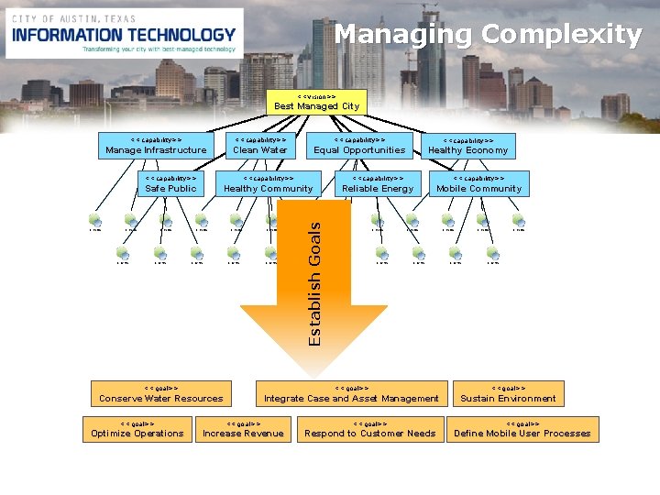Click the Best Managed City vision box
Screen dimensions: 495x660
(316, 102)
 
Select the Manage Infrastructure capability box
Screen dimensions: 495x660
(156, 146)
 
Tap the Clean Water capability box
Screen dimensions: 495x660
(260, 146)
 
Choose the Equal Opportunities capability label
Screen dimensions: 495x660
(359, 150)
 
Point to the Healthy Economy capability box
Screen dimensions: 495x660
(467, 146)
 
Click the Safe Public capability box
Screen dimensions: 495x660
(170, 184)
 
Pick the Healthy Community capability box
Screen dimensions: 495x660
(268, 184)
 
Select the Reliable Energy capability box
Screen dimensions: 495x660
(378, 184)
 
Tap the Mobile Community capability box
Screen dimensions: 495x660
(478, 184)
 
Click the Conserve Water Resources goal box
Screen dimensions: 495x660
(160, 394)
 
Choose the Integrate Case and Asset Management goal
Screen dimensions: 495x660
(351, 394)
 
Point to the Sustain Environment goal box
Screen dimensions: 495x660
(508, 394)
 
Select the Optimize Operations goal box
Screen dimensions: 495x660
(137, 429)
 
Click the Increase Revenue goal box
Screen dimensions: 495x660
(243, 429)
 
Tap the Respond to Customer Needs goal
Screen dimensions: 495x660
(369, 429)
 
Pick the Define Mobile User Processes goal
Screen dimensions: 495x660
(522, 429)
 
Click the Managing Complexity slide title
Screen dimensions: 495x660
(488, 35)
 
